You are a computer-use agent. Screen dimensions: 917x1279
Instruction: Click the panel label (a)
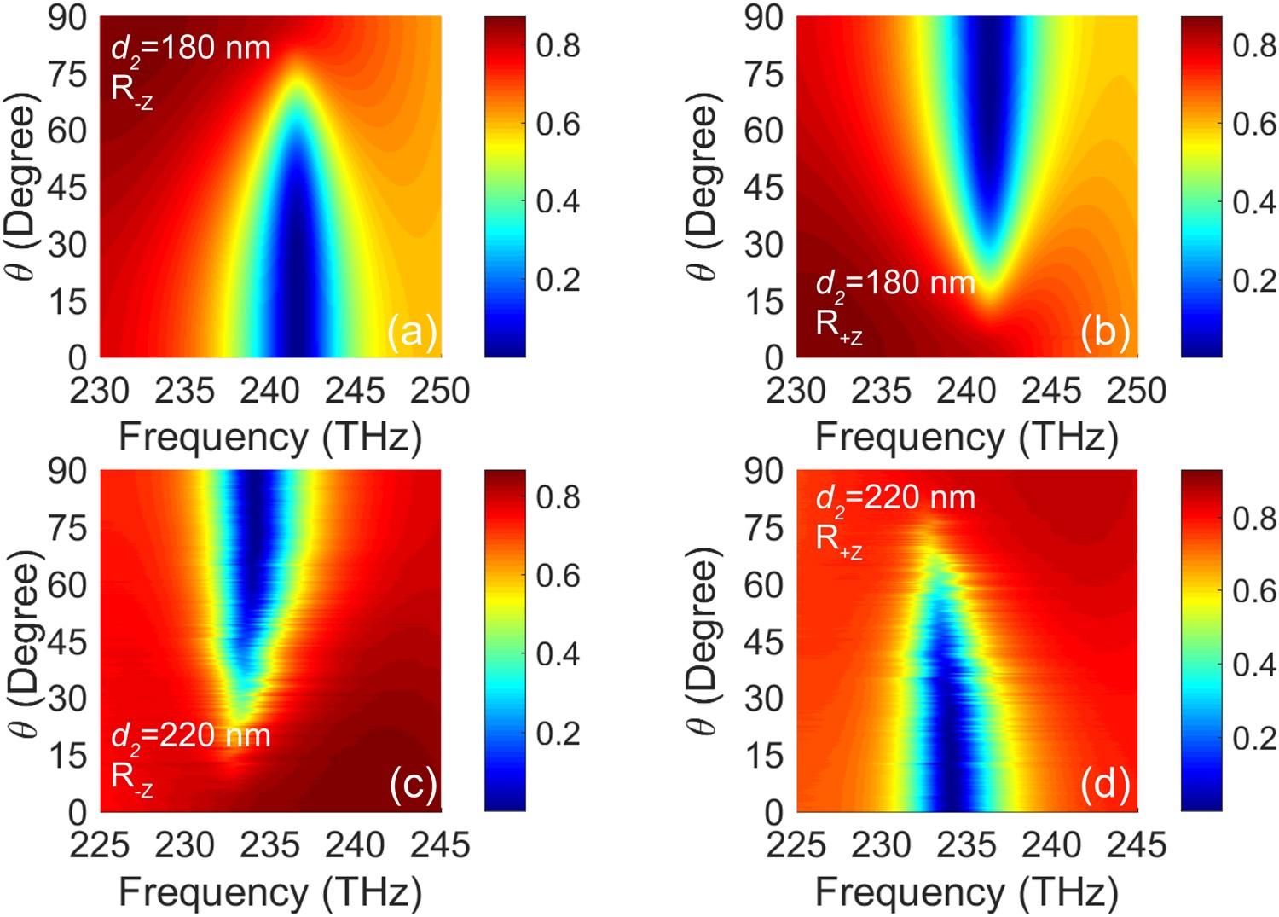412,331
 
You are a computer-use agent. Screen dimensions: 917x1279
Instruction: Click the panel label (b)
1105,331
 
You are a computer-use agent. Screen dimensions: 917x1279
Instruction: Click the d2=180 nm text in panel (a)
191,48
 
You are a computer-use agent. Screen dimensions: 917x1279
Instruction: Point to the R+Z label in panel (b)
838,327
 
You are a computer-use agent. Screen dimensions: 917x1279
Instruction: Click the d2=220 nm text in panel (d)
895,498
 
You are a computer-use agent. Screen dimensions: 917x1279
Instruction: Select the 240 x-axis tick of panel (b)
966,392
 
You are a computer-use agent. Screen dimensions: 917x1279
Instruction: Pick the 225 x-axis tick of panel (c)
100,845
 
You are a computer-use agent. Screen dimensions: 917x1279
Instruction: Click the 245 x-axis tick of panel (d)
1137,845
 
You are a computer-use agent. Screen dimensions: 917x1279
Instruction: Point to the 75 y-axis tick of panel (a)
67,74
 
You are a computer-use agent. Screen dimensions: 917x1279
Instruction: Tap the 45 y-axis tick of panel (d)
763,641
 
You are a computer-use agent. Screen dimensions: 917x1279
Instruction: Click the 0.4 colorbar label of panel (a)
558,202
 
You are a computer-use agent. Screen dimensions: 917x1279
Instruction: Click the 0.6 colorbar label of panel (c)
558,576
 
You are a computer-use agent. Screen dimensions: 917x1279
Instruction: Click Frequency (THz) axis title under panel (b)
966,437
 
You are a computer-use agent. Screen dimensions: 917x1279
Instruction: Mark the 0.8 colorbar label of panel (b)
1254,46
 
